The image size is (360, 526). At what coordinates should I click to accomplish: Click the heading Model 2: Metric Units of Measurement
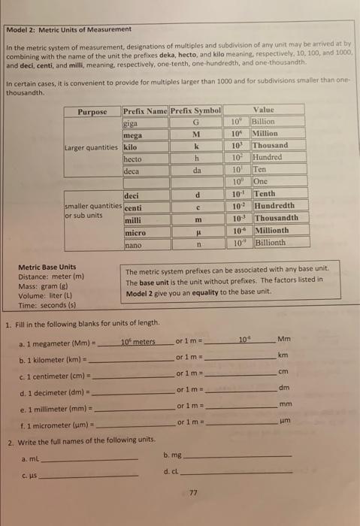pyautogui.click(x=70, y=29)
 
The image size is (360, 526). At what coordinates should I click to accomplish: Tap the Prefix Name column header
pyautogui.click(x=145, y=110)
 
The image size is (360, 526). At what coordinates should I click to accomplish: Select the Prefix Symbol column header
pyautogui.click(x=195, y=110)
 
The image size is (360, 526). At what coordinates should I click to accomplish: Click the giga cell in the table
pyautogui.click(x=133, y=122)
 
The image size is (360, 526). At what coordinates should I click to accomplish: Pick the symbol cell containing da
pyautogui.click(x=195, y=170)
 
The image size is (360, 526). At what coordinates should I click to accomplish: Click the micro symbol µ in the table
pyautogui.click(x=195, y=231)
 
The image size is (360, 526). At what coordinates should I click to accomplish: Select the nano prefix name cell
pyautogui.click(x=133, y=243)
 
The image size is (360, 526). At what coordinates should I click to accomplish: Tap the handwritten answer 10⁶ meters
pyautogui.click(x=138, y=342)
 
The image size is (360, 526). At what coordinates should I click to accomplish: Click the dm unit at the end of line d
pyautogui.click(x=283, y=388)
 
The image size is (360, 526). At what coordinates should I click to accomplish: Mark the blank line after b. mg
pyautogui.click(x=237, y=456)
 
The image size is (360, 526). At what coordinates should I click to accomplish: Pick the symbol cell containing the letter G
pyautogui.click(x=195, y=122)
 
